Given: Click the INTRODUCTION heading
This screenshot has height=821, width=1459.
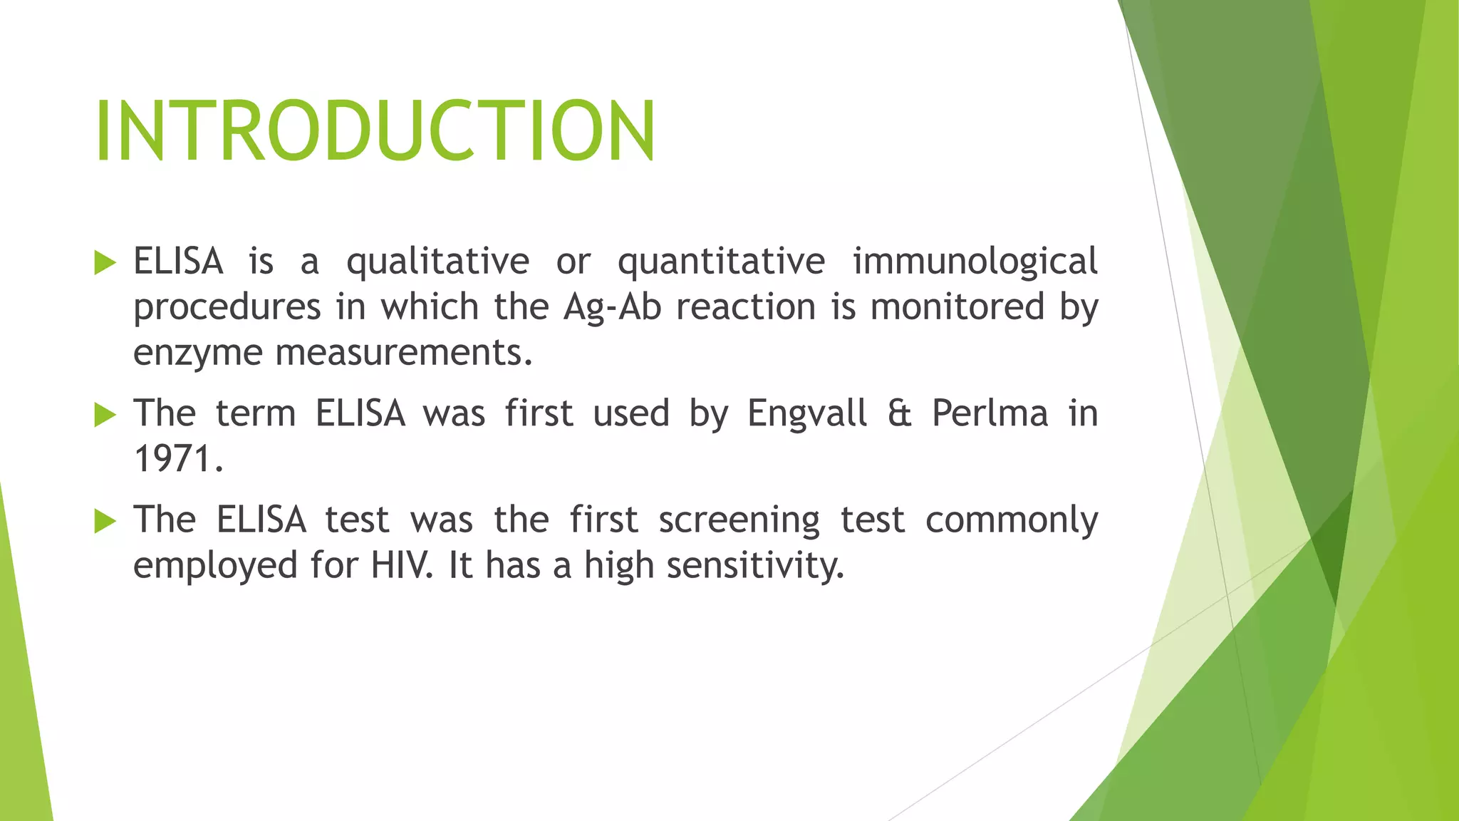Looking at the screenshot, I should [x=375, y=131].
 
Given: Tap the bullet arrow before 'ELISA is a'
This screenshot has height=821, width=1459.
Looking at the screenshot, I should [x=105, y=263].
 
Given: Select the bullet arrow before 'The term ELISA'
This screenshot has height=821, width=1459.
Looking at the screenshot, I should [x=105, y=415].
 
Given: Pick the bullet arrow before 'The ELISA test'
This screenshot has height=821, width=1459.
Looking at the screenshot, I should [x=105, y=521].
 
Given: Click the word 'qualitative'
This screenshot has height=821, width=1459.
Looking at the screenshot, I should [x=437, y=262].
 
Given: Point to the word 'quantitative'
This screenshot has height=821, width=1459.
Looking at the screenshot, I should [x=721, y=262].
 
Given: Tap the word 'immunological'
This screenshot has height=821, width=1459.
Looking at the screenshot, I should [x=975, y=262].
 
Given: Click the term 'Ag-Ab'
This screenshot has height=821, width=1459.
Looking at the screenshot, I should [x=613, y=308].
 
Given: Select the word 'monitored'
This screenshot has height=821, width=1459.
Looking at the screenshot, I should [x=957, y=308].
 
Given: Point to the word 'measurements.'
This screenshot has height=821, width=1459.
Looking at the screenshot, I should [x=404, y=352].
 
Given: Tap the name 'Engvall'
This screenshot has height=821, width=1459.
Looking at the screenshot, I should [x=807, y=414].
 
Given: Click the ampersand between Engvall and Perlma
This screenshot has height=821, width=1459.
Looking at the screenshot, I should [x=900, y=414].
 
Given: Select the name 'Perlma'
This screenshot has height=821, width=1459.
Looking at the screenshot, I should [x=990, y=414].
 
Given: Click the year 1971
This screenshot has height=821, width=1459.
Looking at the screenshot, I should [x=178, y=459].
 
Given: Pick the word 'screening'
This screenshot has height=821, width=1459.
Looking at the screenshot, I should [x=739, y=521].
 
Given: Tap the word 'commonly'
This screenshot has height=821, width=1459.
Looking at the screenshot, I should [x=1011, y=521].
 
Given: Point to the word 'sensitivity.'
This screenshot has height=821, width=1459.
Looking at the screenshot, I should [x=755, y=566].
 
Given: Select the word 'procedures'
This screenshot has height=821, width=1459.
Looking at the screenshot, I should [x=227, y=308].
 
